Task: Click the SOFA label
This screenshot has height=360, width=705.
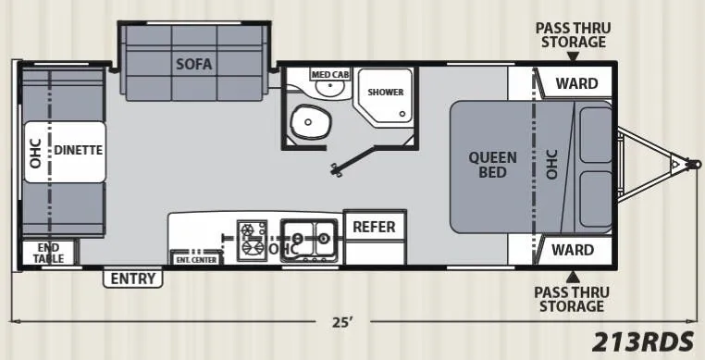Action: click(x=193, y=64)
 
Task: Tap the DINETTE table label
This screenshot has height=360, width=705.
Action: click(x=79, y=150)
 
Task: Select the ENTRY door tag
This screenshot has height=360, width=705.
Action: click(x=133, y=279)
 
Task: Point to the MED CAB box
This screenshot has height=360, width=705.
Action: click(x=331, y=74)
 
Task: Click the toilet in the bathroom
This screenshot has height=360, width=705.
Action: click(x=310, y=122)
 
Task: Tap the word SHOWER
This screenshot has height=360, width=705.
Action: click(x=385, y=93)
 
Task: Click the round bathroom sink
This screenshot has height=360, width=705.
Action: click(x=330, y=88)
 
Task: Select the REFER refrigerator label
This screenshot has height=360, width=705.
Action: click(x=374, y=227)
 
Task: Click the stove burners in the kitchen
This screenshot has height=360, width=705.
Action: click(x=253, y=241)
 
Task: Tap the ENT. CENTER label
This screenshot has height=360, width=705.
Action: click(x=196, y=260)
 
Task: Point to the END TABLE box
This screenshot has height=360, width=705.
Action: click(x=49, y=253)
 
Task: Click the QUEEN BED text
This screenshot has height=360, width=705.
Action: click(x=493, y=165)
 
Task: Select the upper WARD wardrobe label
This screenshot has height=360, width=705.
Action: click(x=576, y=83)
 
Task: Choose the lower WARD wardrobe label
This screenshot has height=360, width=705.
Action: click(x=573, y=250)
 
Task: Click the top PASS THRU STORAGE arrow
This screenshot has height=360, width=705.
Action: click(x=573, y=56)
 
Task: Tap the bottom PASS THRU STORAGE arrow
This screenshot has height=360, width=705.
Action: click(x=573, y=277)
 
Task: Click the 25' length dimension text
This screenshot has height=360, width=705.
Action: click(x=342, y=323)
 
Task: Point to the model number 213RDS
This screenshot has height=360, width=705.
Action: click(x=642, y=342)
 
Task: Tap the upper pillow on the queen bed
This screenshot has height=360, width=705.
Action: click(x=595, y=135)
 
